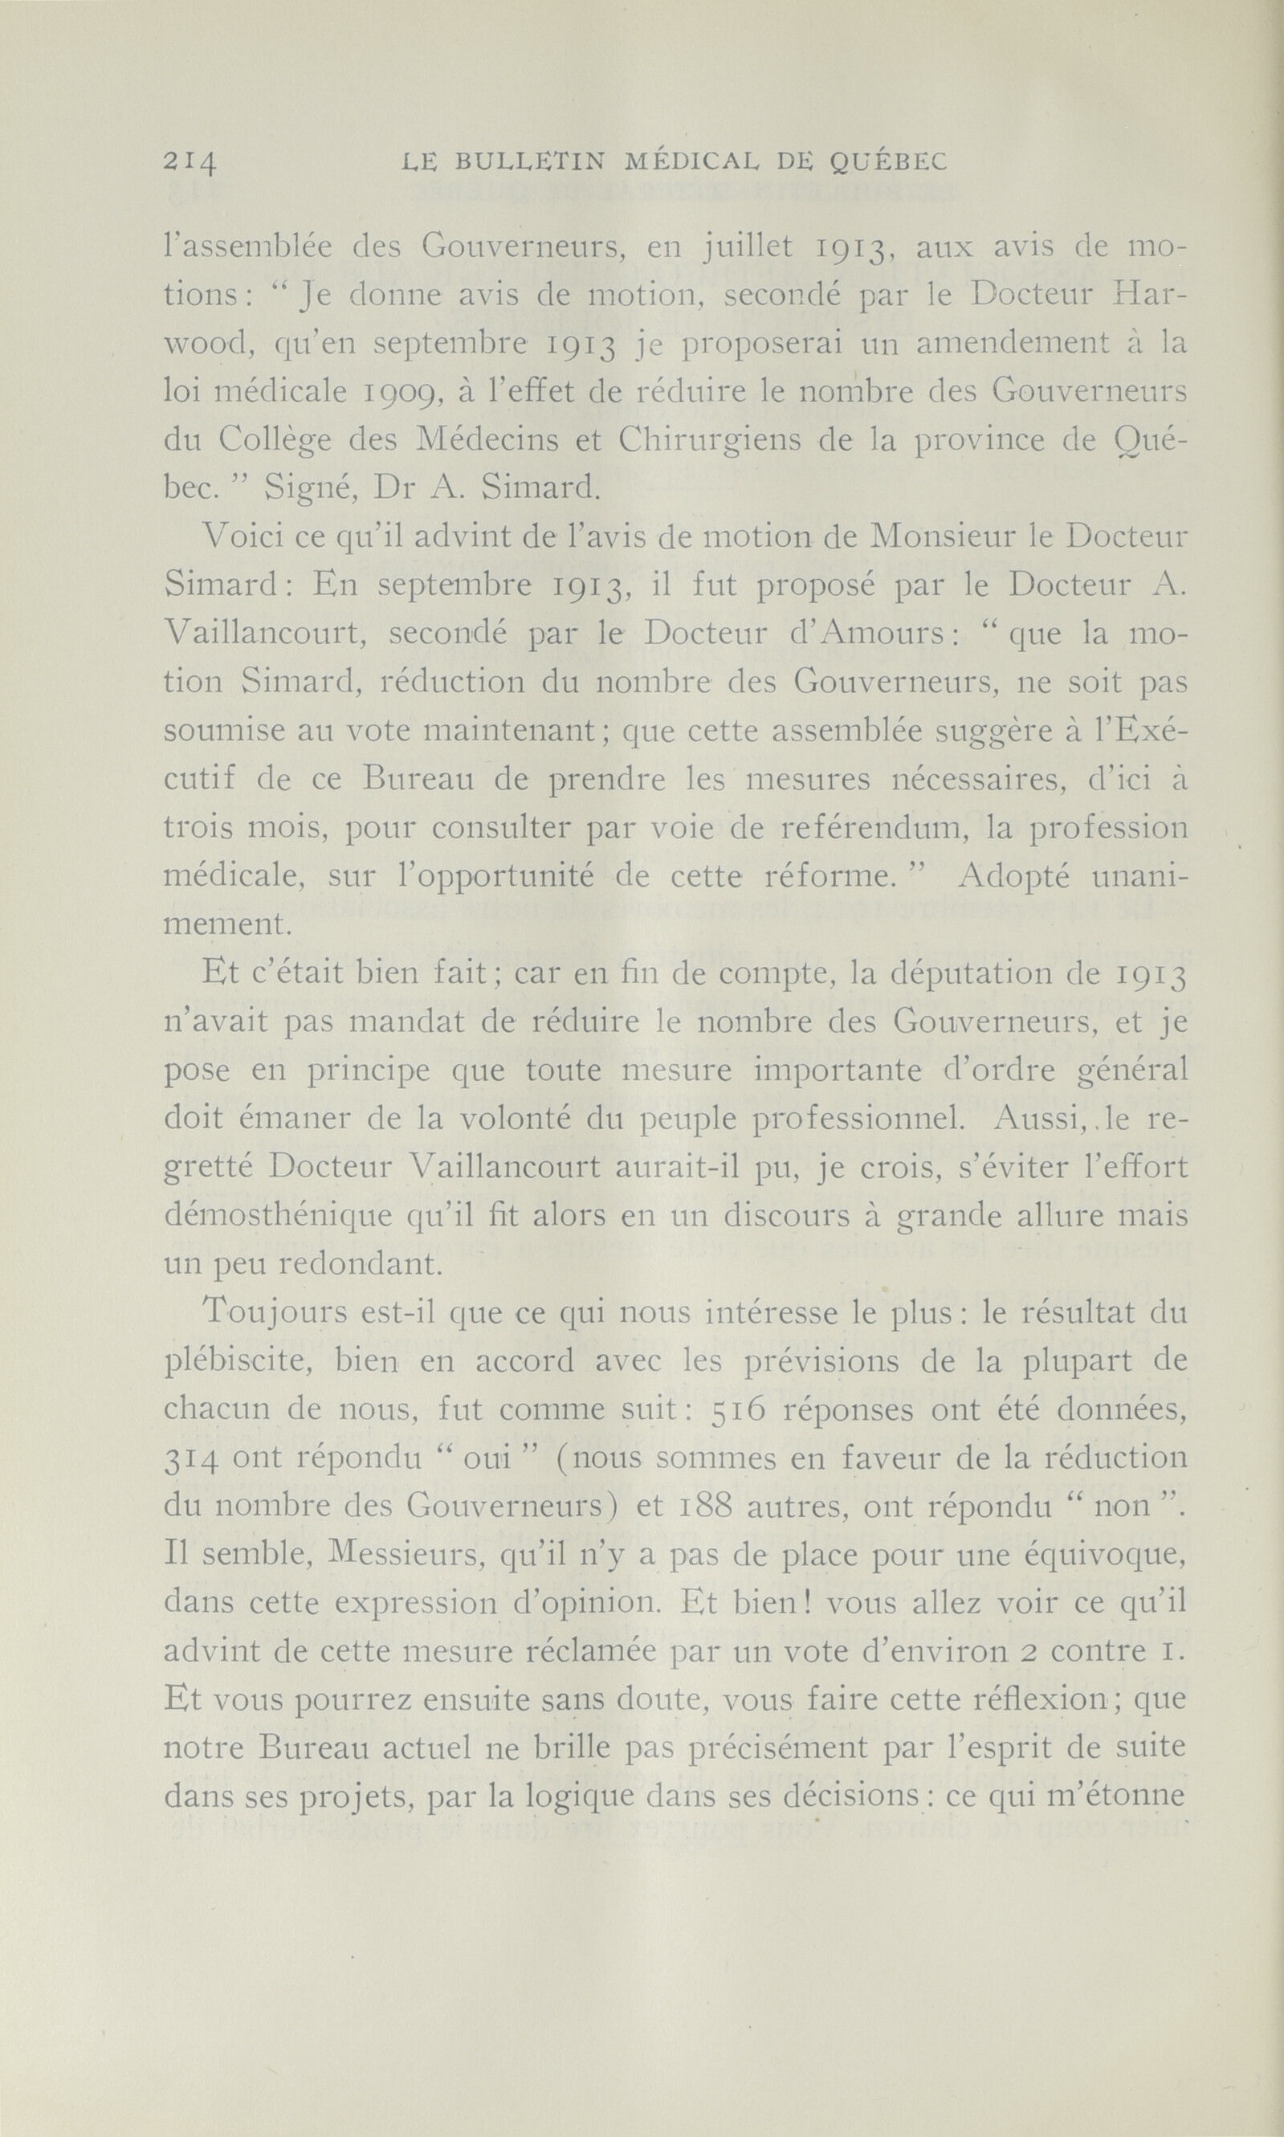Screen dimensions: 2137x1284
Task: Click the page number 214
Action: pos(189,161)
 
